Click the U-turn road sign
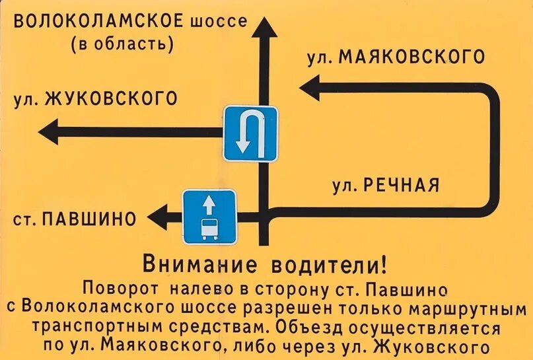pyautogui.click(x=250, y=134)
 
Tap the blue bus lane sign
pyautogui.click(x=209, y=216)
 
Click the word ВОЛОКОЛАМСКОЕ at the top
pyautogui.click(x=98, y=21)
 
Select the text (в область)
pyautogui.click(x=122, y=45)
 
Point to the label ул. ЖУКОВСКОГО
pyautogui.click(x=96, y=99)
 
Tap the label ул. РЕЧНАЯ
pyautogui.click(x=386, y=185)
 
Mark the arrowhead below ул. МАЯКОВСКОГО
pyautogui.click(x=309, y=87)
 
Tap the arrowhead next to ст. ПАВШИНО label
pyautogui.click(x=157, y=217)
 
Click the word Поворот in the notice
pyautogui.click(x=122, y=289)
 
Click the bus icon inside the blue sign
pyautogui.click(x=209, y=228)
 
